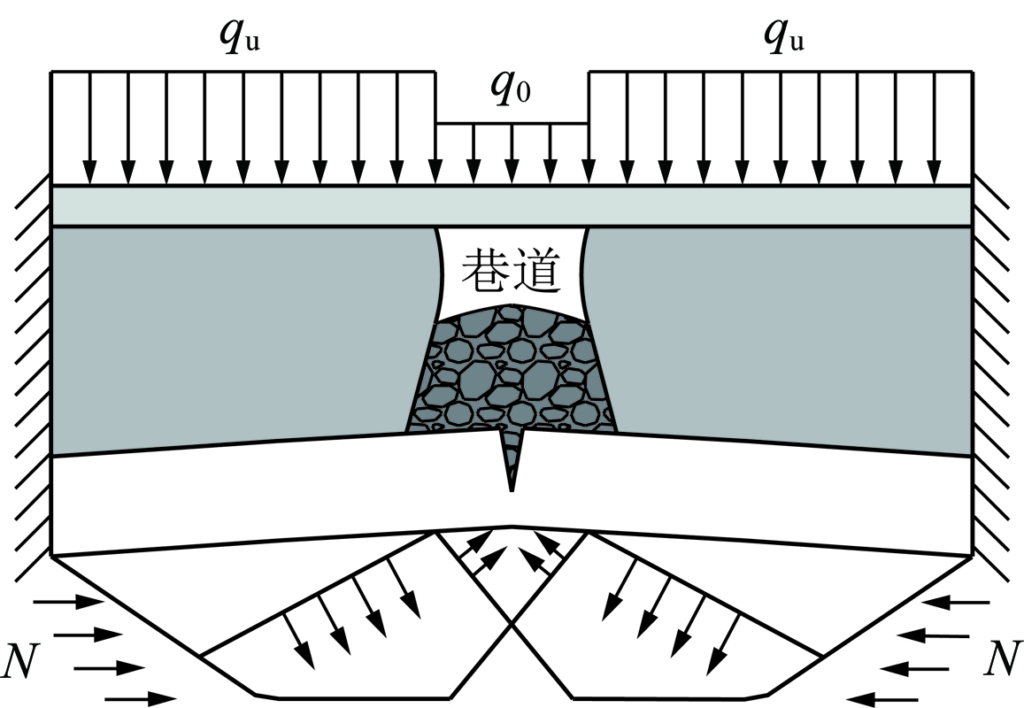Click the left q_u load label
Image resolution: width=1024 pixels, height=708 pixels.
tap(240, 38)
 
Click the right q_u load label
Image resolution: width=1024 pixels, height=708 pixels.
tap(783, 38)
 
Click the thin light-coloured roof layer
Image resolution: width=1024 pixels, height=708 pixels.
tap(512, 206)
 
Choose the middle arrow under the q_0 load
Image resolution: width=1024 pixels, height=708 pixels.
tap(512, 154)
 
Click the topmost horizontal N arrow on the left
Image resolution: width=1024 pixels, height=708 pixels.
tap(68, 602)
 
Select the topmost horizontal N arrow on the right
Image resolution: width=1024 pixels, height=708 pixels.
tap(955, 602)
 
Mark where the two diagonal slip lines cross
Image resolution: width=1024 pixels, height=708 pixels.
tap(512, 623)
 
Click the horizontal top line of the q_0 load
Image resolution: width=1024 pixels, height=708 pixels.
tap(512, 123)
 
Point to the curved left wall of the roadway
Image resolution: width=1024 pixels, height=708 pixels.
tap(442, 274)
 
